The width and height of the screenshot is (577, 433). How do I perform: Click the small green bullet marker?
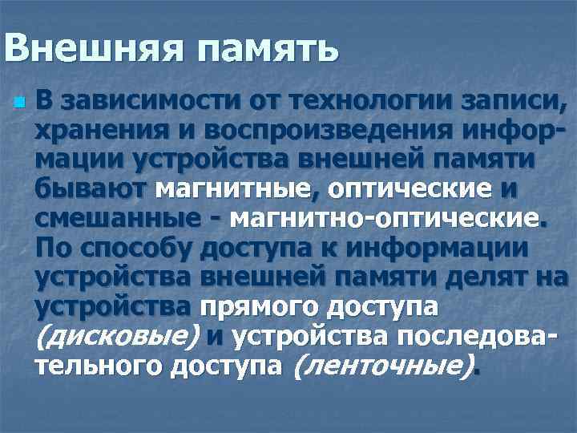coord(19,103)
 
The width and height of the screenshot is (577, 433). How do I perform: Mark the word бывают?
coord(91,189)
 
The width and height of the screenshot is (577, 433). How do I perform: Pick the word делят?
coord(490,277)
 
